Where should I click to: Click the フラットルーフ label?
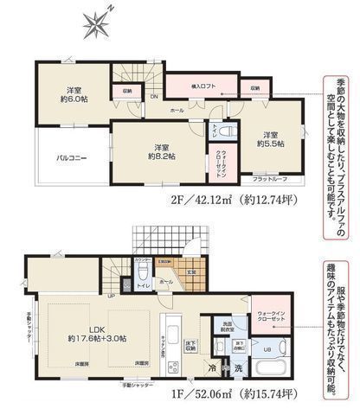(x=272, y=179)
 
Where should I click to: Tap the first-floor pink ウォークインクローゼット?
(x=270, y=320)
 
